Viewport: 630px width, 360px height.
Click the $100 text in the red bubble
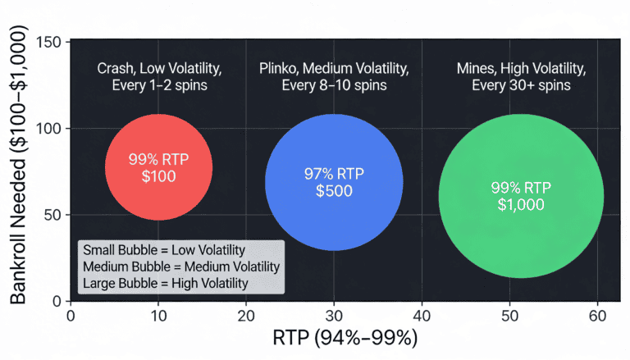point(158,176)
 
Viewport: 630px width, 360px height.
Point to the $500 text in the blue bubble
point(334,191)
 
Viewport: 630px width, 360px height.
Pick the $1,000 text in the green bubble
point(521,205)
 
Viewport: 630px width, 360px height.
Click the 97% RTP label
point(334,173)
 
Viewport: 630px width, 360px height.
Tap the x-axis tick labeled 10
point(158,315)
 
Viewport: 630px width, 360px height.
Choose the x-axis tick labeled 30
point(334,315)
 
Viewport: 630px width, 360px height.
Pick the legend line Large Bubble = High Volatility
point(165,284)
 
